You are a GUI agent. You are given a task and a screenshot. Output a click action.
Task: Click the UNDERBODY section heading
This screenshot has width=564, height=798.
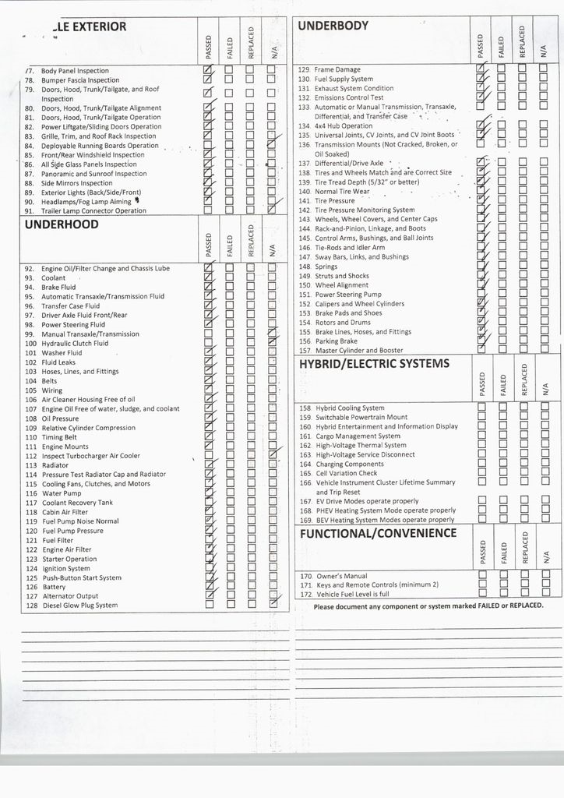click(x=333, y=26)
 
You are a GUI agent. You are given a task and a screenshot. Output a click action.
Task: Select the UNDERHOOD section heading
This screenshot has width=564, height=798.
click(x=62, y=224)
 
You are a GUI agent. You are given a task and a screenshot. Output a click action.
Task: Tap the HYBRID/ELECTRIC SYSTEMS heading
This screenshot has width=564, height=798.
click(x=374, y=364)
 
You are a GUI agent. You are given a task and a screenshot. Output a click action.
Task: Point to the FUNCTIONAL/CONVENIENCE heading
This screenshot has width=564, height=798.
click(x=378, y=533)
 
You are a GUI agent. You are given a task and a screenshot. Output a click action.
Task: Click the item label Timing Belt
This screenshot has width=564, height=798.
click(x=59, y=437)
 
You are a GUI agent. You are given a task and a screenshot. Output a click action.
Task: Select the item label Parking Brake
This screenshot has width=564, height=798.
click(x=336, y=341)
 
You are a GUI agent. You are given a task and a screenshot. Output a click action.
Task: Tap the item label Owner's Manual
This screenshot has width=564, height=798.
click(x=341, y=576)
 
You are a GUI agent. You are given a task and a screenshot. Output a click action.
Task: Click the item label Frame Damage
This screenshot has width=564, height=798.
click(x=337, y=70)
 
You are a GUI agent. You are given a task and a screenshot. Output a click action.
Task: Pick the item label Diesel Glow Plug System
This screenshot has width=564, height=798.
click(x=79, y=606)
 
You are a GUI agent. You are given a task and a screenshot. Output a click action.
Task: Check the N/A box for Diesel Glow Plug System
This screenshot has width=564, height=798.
click(x=273, y=603)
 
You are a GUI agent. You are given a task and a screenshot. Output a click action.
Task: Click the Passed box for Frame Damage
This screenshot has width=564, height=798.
click(x=481, y=69)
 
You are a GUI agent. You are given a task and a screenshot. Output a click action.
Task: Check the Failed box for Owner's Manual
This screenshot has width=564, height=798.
click(x=502, y=576)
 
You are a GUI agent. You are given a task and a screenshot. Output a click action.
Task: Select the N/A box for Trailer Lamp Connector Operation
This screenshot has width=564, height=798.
click(x=272, y=209)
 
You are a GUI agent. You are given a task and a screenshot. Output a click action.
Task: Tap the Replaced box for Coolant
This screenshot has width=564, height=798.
click(x=251, y=277)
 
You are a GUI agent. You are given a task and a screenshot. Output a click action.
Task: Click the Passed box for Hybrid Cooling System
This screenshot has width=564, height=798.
click(x=481, y=408)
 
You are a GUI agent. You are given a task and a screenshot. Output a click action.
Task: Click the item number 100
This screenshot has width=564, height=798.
click(x=31, y=344)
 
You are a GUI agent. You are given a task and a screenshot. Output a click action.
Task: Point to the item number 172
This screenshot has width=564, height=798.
click(x=305, y=595)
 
